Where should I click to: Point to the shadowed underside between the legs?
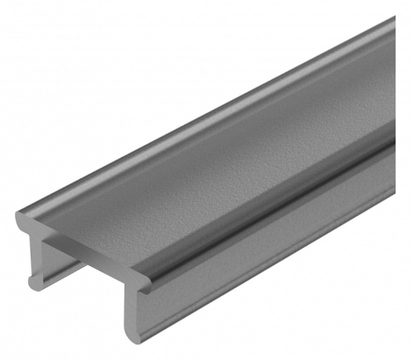click(x=86, y=270)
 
